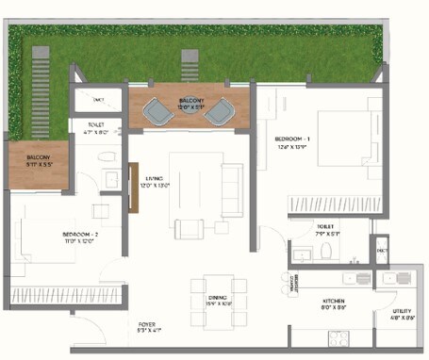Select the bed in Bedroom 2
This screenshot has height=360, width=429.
38,242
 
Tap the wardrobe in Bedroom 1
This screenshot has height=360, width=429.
330,203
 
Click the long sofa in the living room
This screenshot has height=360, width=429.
232,178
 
